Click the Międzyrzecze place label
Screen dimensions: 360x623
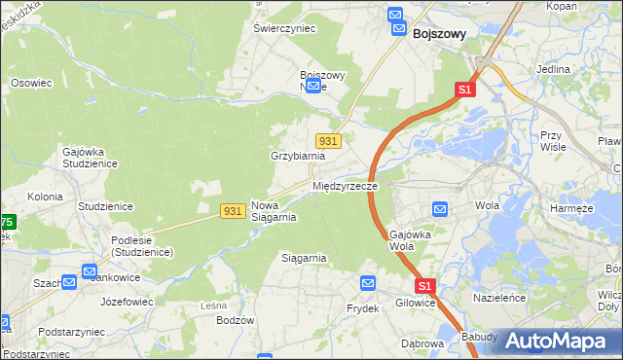[x=345, y=185]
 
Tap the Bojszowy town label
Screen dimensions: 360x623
[x=439, y=33]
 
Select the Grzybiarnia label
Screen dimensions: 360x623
[x=297, y=156]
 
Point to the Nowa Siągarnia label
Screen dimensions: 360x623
[x=274, y=211]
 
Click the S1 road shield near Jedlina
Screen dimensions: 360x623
[x=464, y=90]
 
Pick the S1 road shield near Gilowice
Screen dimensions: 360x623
[x=424, y=286]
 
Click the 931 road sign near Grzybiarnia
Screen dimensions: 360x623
[x=328, y=141]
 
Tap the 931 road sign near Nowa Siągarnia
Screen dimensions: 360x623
[x=232, y=211]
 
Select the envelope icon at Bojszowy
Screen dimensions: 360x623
[x=395, y=18]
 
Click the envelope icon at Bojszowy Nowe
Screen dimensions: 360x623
[x=313, y=87]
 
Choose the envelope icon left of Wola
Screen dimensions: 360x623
[x=439, y=208]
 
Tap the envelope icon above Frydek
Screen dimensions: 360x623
[x=368, y=283]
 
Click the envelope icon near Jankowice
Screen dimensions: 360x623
[x=90, y=272]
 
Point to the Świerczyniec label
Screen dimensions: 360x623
[x=285, y=29]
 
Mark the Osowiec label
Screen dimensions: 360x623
[x=31, y=84]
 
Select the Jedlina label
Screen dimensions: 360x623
[x=553, y=71]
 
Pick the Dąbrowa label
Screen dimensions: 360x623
[x=422, y=343]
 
